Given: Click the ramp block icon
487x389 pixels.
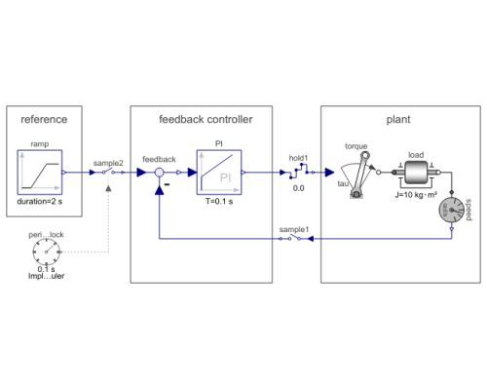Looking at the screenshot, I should pyautogui.click(x=40, y=172).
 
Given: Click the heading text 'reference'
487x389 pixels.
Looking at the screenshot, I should pyautogui.click(x=44, y=120).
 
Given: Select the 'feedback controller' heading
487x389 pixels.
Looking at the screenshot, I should pyautogui.click(x=206, y=120).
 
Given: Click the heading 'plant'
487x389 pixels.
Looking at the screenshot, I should pyautogui.click(x=397, y=120).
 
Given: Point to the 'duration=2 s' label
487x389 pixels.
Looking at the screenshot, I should pyautogui.click(x=41, y=202).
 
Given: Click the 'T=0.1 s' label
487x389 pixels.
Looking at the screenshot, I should pyautogui.click(x=219, y=202).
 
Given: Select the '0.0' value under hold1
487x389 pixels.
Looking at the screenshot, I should pyautogui.click(x=299, y=188).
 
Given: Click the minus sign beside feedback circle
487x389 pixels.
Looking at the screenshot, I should pyautogui.click(x=168, y=185).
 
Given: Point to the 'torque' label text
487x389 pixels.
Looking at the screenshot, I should pyautogui.click(x=356, y=146).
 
